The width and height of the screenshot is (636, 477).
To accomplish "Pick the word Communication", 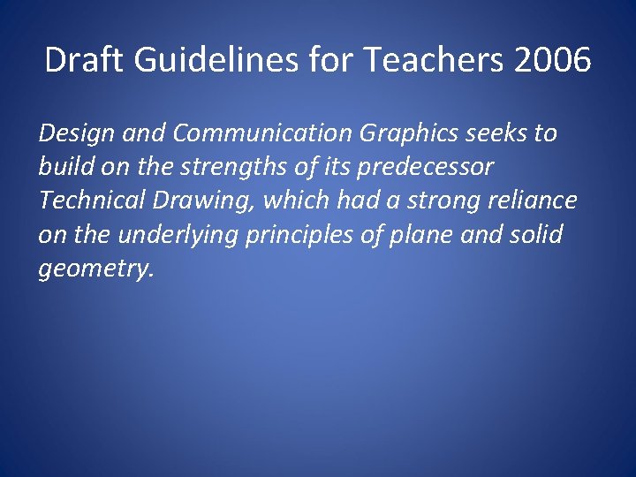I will (x=264, y=133).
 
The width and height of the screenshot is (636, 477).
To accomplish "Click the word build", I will (x=60, y=167).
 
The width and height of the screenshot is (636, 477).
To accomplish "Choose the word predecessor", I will (x=419, y=168).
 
